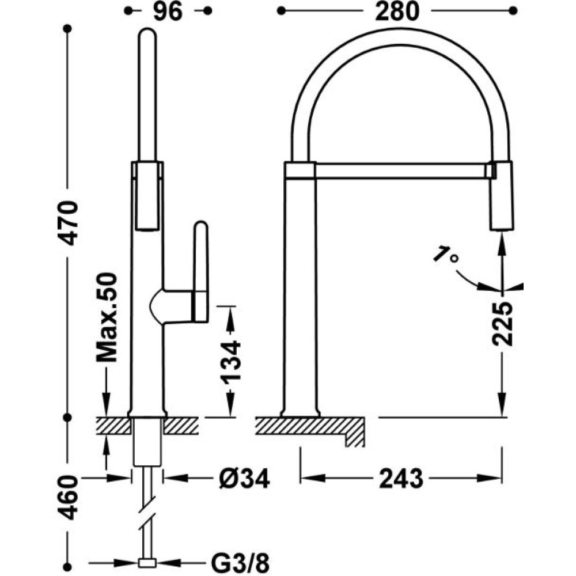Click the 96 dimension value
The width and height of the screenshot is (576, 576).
(168, 12)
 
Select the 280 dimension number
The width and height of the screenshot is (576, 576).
(397, 12)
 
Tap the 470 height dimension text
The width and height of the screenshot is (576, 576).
(69, 222)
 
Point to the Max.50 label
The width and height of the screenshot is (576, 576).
(107, 317)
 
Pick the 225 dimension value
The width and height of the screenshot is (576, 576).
(502, 324)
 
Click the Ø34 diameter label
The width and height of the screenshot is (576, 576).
(245, 479)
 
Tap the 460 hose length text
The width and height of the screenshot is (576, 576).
(69, 498)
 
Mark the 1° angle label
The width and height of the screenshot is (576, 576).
(446, 255)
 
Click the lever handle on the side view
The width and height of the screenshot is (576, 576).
(200, 272)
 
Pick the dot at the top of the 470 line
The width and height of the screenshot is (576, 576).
(67, 29)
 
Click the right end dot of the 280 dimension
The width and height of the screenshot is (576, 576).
(513, 11)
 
